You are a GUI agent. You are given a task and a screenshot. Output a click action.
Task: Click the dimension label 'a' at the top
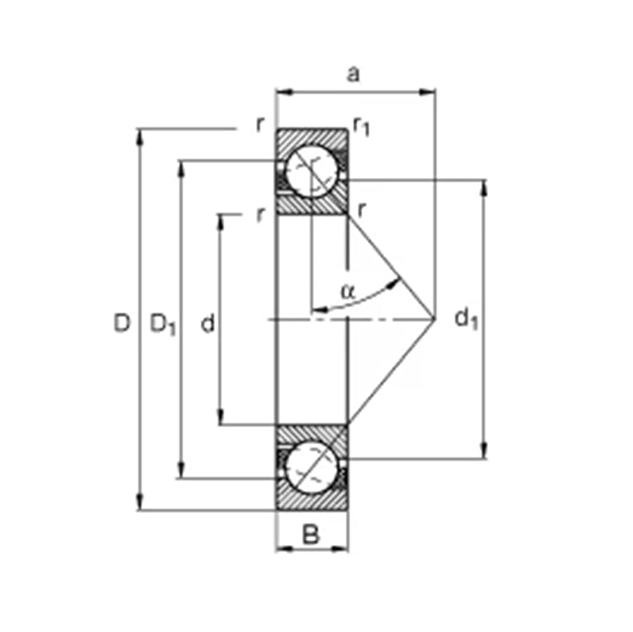click(x=353, y=74)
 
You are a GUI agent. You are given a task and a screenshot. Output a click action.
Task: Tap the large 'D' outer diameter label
click(x=122, y=323)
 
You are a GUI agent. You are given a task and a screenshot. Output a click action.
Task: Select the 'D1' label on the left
click(x=163, y=324)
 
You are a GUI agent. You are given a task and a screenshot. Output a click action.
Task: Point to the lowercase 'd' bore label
click(x=208, y=323)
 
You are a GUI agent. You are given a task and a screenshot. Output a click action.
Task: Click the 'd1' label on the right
click(x=467, y=319)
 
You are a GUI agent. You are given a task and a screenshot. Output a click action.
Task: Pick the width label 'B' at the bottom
click(x=311, y=534)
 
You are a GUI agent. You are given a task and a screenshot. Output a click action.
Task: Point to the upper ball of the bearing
click(x=311, y=172)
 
